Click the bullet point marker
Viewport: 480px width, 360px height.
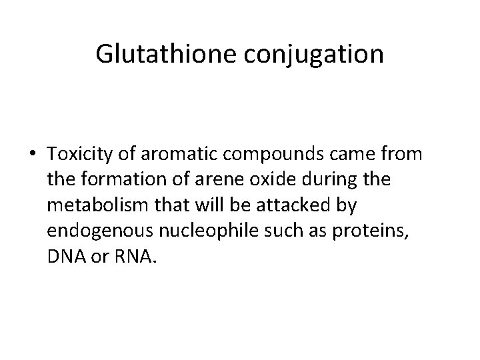(x=33, y=155)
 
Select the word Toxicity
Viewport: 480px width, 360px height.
(x=77, y=155)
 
